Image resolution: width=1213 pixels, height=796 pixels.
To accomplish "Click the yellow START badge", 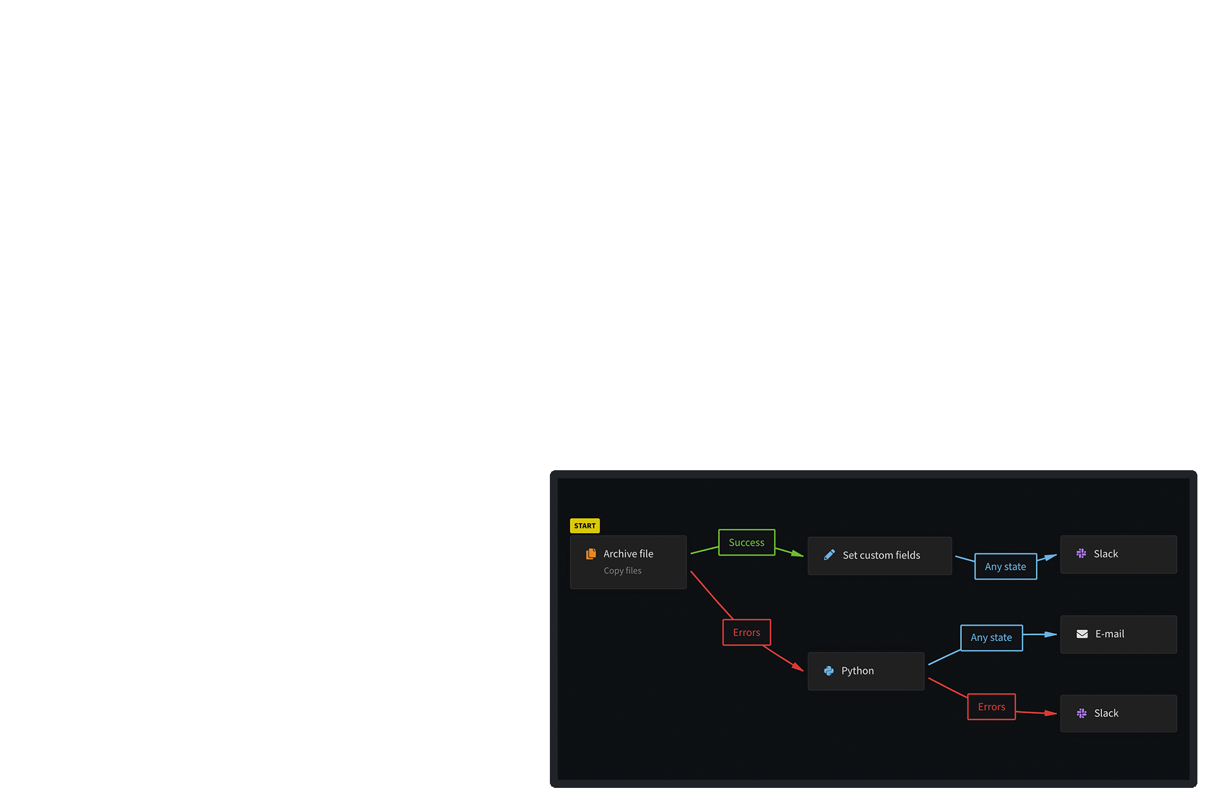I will point(585,526).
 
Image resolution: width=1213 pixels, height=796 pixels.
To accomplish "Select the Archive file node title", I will point(628,553).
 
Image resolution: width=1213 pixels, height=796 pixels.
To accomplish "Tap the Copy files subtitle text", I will point(622,571).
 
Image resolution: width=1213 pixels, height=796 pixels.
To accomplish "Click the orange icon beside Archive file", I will point(591,554).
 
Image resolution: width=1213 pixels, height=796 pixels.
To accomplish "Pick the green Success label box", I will point(746,542).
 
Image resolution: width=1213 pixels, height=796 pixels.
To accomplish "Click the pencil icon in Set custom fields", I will point(829,555).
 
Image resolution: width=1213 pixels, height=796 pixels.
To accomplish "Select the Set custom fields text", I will point(881,555).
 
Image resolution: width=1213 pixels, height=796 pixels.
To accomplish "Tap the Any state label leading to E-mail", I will point(991,638).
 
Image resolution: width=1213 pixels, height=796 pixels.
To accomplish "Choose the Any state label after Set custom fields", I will point(1005,567).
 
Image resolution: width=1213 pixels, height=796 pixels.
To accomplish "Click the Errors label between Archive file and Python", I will point(746,633).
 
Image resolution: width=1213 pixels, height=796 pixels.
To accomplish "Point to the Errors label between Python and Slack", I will point(991,707).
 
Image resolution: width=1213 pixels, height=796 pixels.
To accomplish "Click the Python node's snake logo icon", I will point(829,671).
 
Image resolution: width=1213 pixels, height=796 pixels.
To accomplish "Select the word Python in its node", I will point(857,671).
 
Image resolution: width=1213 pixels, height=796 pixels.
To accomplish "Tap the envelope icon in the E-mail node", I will point(1082,634).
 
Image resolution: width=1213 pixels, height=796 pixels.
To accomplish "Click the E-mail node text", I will point(1110,634).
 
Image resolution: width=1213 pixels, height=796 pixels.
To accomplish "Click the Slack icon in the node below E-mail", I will point(1081,713).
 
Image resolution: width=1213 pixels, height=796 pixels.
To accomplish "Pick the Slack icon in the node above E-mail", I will point(1081,554).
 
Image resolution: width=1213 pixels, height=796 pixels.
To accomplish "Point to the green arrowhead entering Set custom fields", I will point(798,555).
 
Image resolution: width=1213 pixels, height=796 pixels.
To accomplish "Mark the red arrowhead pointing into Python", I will point(798,667).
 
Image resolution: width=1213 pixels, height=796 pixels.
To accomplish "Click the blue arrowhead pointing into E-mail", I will point(1051,634).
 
